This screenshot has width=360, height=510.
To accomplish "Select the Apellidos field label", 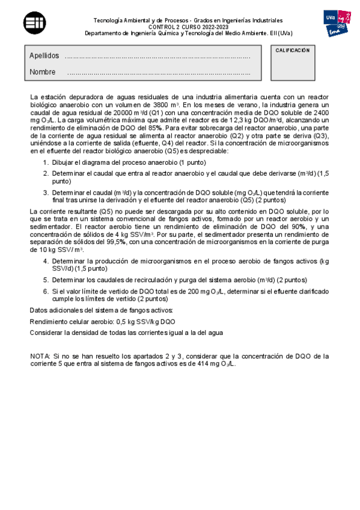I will pyautogui.click(x=44, y=56).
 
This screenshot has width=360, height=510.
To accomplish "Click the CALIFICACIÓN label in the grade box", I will pyautogui.click(x=293, y=51).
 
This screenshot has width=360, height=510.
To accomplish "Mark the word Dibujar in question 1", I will pyautogui.click(x=66, y=163).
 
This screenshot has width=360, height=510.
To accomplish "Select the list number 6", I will pyautogui.click(x=46, y=291).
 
